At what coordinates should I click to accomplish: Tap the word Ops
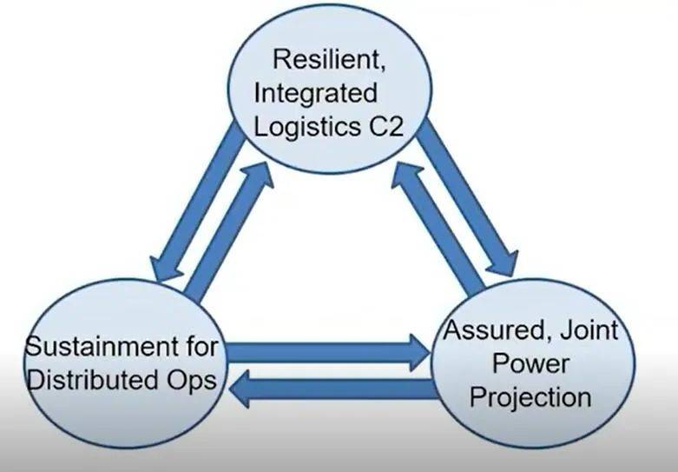pyautogui.click(x=190, y=380)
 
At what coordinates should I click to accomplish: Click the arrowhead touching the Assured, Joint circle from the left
pyautogui.click(x=415, y=352)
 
